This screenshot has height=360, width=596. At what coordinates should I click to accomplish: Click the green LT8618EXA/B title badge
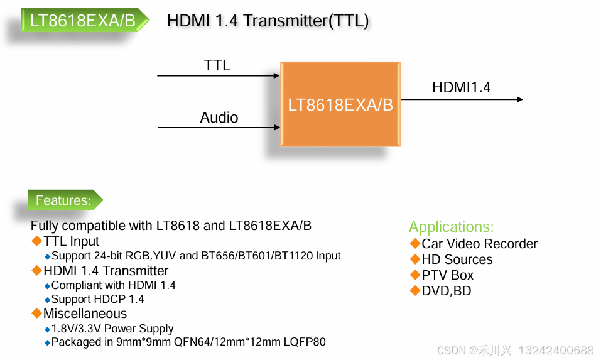pos(83,21)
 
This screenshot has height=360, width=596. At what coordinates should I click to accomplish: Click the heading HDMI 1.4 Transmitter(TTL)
pos(268,21)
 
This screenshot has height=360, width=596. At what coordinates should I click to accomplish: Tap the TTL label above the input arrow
pos(217,65)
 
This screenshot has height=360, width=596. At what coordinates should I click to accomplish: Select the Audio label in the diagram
pos(219,117)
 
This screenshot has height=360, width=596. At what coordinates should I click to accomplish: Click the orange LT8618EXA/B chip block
pos(340,104)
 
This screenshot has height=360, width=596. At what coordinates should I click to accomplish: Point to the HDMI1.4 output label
pos(461,87)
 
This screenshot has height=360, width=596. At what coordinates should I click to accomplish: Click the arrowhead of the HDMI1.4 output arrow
pos(519,99)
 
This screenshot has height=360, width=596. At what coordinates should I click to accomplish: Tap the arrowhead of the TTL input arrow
pos(276,76)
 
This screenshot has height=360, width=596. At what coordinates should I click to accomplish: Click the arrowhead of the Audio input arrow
pos(276,128)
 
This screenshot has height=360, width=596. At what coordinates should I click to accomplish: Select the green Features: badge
pos(63,200)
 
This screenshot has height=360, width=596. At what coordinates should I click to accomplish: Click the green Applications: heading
pos(451,227)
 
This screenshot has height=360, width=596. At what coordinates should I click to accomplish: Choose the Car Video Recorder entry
pos(479,244)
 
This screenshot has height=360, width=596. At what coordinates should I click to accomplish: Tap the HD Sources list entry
pos(457,259)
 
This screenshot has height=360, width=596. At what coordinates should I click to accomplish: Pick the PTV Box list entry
pos(447,275)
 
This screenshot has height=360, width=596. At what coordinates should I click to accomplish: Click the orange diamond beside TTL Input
pos(36,241)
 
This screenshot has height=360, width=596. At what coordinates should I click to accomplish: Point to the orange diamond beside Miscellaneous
pos(36,314)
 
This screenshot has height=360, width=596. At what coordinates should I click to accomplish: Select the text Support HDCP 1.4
pos(97,299)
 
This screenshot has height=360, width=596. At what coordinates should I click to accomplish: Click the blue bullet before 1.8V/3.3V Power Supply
pos(47,329)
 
